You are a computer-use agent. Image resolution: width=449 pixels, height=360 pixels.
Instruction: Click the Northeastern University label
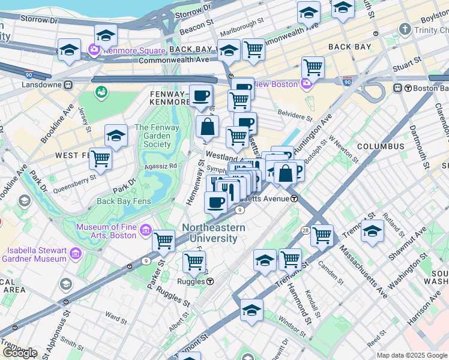(x=213, y=233)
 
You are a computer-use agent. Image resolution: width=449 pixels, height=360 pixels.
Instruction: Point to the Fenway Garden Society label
(x=157, y=136)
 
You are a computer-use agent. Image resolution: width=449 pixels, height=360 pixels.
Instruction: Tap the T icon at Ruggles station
(x=210, y=281)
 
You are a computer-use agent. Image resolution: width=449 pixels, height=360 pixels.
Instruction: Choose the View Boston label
(x=276, y=84)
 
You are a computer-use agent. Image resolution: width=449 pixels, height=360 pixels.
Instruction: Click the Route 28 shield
(x=306, y=230)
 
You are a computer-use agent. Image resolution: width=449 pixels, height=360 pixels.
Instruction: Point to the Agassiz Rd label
(x=160, y=166)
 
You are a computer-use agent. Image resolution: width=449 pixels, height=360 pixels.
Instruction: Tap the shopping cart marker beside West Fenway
(x=100, y=159)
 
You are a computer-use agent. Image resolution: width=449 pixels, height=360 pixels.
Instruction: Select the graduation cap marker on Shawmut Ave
(x=372, y=231)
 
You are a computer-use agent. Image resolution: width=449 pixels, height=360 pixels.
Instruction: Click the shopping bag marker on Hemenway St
(x=207, y=127)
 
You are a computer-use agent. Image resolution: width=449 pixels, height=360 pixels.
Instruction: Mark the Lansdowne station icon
(x=69, y=85)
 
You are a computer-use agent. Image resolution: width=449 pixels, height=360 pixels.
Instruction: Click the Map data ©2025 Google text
(x=411, y=355)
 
